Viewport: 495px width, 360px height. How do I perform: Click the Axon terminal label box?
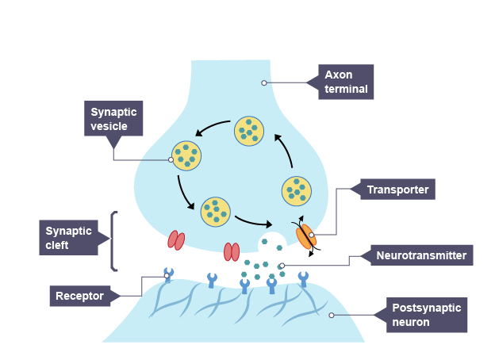click(345, 82)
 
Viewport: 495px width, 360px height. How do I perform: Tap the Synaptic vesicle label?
click(113, 119)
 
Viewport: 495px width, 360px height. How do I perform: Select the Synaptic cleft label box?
click(68, 238)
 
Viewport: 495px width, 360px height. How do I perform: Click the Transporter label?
click(397, 190)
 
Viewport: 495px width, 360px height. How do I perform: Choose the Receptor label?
click(79, 297)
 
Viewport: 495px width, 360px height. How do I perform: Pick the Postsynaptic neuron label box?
click(426, 315)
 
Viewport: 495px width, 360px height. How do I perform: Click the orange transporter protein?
click(305, 235)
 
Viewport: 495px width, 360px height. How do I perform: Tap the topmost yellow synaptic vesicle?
click(248, 131)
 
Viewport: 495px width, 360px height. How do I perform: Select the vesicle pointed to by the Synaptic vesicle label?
click(187, 155)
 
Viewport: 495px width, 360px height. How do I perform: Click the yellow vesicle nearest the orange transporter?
click(297, 190)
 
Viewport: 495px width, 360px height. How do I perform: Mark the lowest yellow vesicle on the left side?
click(216, 211)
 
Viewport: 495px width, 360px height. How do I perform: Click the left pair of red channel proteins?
click(176, 239)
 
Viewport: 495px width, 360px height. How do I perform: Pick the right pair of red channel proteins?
click(232, 251)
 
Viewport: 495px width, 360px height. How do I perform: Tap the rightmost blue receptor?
click(303, 279)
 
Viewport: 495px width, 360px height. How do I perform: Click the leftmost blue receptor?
click(168, 275)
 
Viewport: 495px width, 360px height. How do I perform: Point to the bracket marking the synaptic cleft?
click(114, 240)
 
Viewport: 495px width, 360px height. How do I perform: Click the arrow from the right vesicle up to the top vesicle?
click(283, 151)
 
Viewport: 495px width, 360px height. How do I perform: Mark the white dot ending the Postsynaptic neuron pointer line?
click(331, 315)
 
